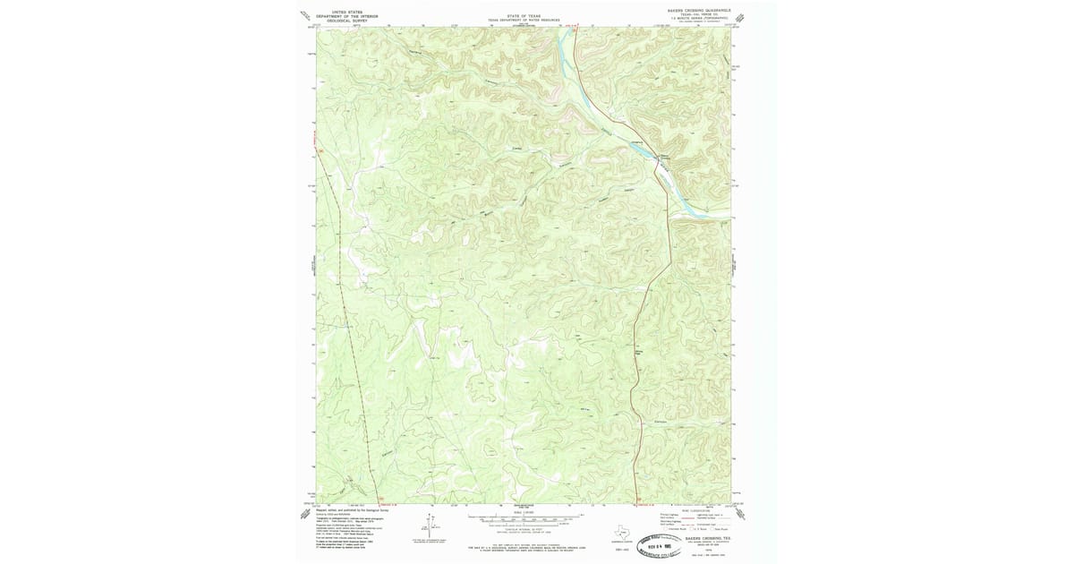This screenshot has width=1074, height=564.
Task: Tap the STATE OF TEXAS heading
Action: click(524, 15)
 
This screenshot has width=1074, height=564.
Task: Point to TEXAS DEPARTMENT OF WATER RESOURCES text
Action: click(524, 20)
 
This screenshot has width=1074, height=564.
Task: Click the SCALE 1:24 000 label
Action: click(523, 512)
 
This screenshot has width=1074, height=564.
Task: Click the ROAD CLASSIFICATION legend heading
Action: click(695, 509)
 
